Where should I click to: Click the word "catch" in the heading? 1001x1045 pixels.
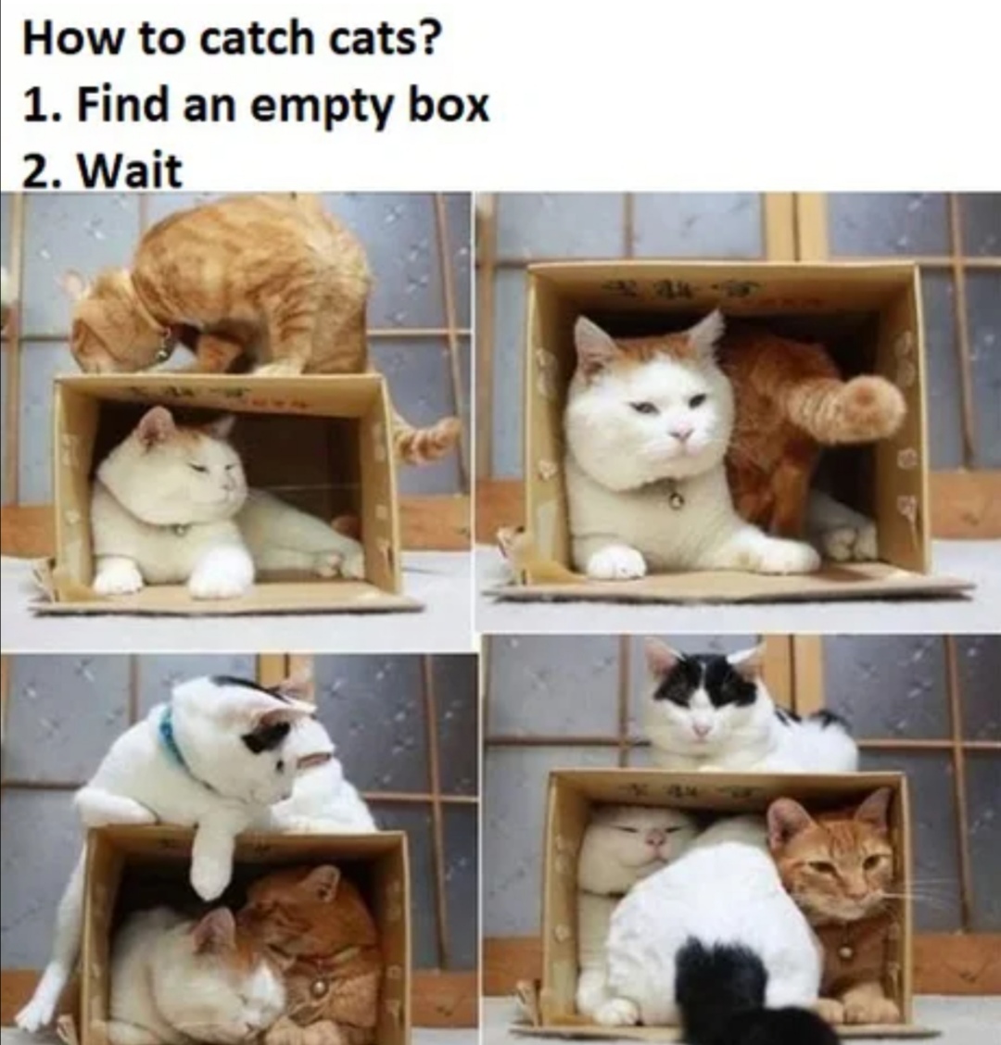click(x=256, y=38)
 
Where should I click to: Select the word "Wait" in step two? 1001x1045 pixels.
click(x=130, y=170)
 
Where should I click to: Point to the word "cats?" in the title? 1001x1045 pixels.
click(x=384, y=38)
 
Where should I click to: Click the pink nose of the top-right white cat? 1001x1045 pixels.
click(x=681, y=434)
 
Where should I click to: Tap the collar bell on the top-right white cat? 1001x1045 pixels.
click(x=676, y=497)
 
